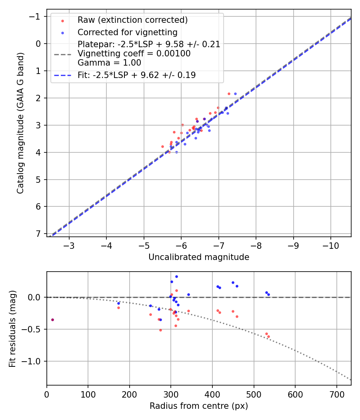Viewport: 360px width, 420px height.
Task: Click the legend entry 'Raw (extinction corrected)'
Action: (x=132, y=20)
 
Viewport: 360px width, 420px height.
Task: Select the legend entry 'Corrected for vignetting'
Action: (x=127, y=32)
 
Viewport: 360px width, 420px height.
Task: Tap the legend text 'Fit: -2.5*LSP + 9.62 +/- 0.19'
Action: (x=136, y=75)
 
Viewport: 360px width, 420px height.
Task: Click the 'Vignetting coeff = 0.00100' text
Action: (x=134, y=54)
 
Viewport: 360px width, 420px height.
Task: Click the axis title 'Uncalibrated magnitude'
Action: (x=199, y=257)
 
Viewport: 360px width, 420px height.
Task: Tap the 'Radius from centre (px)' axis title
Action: (x=199, y=406)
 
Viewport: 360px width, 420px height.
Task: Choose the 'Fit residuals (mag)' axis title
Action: (x=12, y=328)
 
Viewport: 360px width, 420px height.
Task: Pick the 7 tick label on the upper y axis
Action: (x=38, y=234)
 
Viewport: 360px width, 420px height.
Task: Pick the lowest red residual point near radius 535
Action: (x=268, y=336)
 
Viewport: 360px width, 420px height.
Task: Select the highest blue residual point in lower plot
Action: (x=176, y=276)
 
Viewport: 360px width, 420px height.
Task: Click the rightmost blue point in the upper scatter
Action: (x=235, y=94)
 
